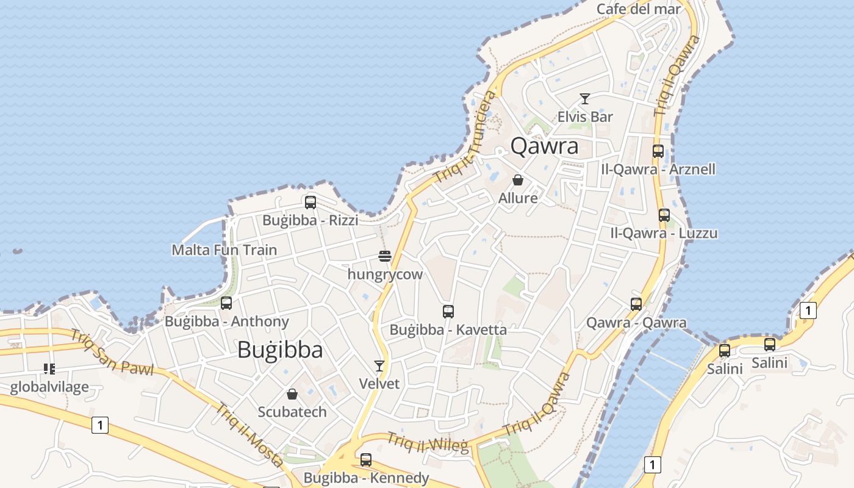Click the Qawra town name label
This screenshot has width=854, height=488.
pyautogui.click(x=544, y=146)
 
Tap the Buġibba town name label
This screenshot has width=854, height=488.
pyautogui.click(x=280, y=350)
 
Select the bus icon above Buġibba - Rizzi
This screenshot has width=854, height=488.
pyautogui.click(x=310, y=203)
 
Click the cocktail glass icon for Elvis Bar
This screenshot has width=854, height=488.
pyautogui.click(x=585, y=98)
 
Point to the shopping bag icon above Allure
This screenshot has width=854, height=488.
pyautogui.click(x=518, y=180)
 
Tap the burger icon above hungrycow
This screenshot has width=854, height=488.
pyautogui.click(x=384, y=256)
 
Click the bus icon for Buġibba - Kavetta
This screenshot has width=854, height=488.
pyautogui.click(x=448, y=312)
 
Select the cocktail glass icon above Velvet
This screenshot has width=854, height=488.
pyautogui.click(x=379, y=366)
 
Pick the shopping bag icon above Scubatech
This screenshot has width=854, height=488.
pyautogui.click(x=292, y=394)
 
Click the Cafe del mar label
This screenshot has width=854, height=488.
pyautogui.click(x=638, y=9)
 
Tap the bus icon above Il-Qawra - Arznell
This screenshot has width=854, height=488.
pyautogui.click(x=658, y=151)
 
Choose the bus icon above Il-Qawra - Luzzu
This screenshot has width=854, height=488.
pyautogui.click(x=664, y=215)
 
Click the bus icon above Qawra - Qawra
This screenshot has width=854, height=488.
pyautogui.click(x=636, y=304)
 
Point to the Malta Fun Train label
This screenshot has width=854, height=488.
pyautogui.click(x=224, y=250)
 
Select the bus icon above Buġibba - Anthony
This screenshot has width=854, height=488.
pyautogui.click(x=226, y=303)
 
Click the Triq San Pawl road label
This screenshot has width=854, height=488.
pyautogui.click(x=111, y=352)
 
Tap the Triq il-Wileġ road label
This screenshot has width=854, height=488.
pyautogui.click(x=428, y=442)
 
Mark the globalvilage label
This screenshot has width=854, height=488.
pyautogui.click(x=49, y=387)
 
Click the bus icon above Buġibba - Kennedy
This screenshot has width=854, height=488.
pyautogui.click(x=366, y=460)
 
